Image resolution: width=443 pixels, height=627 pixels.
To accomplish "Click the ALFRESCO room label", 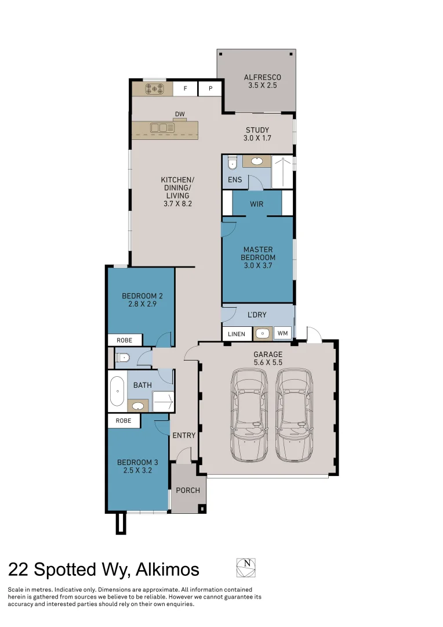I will click(262, 77).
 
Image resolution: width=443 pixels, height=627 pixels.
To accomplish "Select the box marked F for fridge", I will click(186, 89).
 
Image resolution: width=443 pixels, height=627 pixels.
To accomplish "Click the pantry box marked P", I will click(210, 89).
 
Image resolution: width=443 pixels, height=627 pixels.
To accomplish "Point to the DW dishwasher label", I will click(179, 114).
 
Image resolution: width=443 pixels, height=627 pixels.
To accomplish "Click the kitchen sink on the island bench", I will click(162, 127).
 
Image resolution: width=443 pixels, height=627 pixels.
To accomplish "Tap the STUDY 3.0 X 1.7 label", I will click(257, 134).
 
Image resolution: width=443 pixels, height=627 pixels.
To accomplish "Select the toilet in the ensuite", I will click(231, 163).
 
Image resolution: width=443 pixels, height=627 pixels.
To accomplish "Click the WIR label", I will click(257, 204).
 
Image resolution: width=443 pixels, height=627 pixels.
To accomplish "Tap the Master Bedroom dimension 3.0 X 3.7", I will click(259, 265).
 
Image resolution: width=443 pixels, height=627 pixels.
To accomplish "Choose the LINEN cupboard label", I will click(237, 334).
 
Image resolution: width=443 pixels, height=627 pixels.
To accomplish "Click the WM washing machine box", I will click(282, 333).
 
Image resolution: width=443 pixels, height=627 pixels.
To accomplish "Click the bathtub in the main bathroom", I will click(117, 391).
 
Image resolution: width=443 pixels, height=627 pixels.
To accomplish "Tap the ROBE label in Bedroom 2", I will click(124, 340).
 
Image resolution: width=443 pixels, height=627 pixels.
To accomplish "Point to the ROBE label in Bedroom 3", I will click(124, 420).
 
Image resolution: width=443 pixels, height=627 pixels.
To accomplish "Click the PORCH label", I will click(188, 491).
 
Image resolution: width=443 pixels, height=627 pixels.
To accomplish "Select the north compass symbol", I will click(246, 567).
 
